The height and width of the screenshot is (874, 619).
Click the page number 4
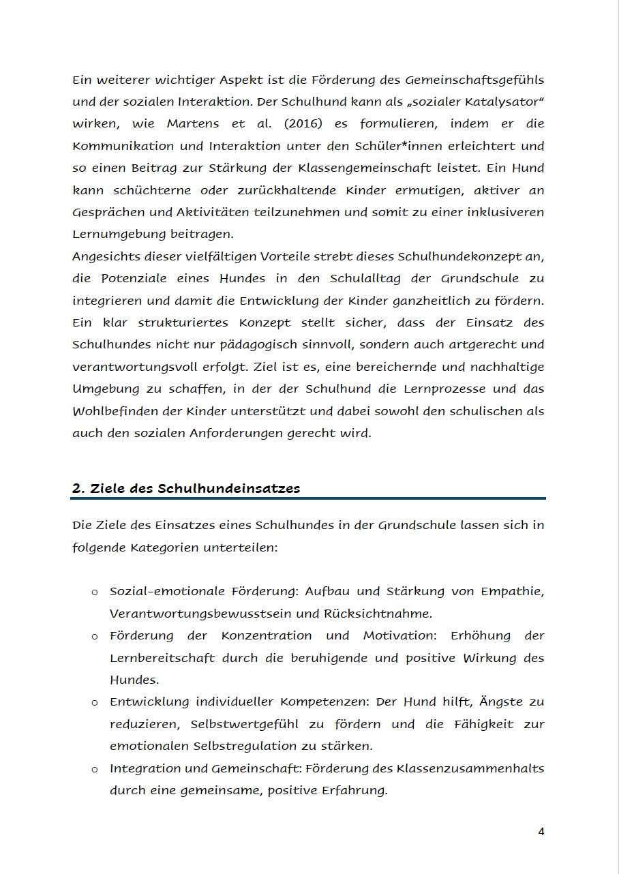pos(541,832)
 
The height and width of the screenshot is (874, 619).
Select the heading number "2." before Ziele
pos(78,489)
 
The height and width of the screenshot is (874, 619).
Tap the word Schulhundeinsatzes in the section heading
pos(229,489)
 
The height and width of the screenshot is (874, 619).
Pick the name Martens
pos(193,123)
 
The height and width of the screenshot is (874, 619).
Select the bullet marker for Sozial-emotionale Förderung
pos(95,592)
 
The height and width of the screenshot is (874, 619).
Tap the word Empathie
pos(512,591)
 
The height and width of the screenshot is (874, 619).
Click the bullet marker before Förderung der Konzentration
pos(95,636)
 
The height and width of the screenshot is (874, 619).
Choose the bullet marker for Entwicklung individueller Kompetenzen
pos(95,702)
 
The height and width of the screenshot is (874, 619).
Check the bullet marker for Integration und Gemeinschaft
pos(95,769)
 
